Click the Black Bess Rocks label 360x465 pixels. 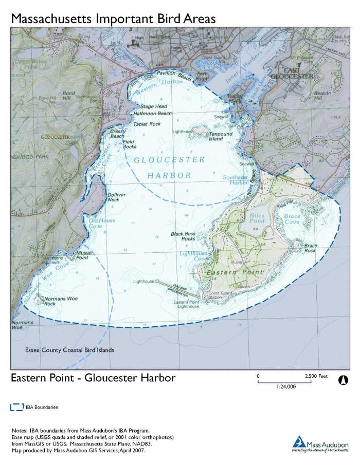(183, 236)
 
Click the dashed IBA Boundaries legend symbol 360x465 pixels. (17, 407)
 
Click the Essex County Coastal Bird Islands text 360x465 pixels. (69, 350)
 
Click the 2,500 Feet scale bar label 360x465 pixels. (316, 376)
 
